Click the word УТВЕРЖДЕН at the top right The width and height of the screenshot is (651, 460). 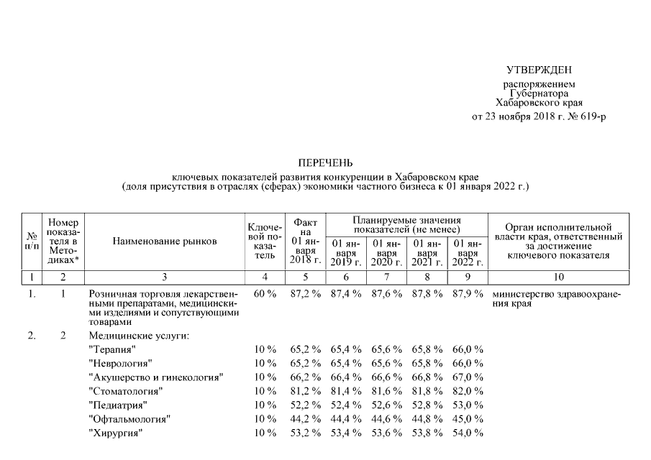click(x=540, y=70)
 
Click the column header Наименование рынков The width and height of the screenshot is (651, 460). click(x=165, y=241)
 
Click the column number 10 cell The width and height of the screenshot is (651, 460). click(x=559, y=277)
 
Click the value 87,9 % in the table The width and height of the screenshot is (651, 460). click(x=468, y=295)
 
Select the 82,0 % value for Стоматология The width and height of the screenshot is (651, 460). click(x=468, y=391)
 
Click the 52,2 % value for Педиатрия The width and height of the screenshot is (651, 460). click(x=306, y=405)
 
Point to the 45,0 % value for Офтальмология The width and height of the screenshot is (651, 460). click(x=468, y=419)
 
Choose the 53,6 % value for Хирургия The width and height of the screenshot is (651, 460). click(x=387, y=433)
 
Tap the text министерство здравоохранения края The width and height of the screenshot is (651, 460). click(x=555, y=299)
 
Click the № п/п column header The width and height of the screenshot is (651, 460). click(x=31, y=241)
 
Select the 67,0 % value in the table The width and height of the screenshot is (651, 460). click(x=468, y=377)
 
